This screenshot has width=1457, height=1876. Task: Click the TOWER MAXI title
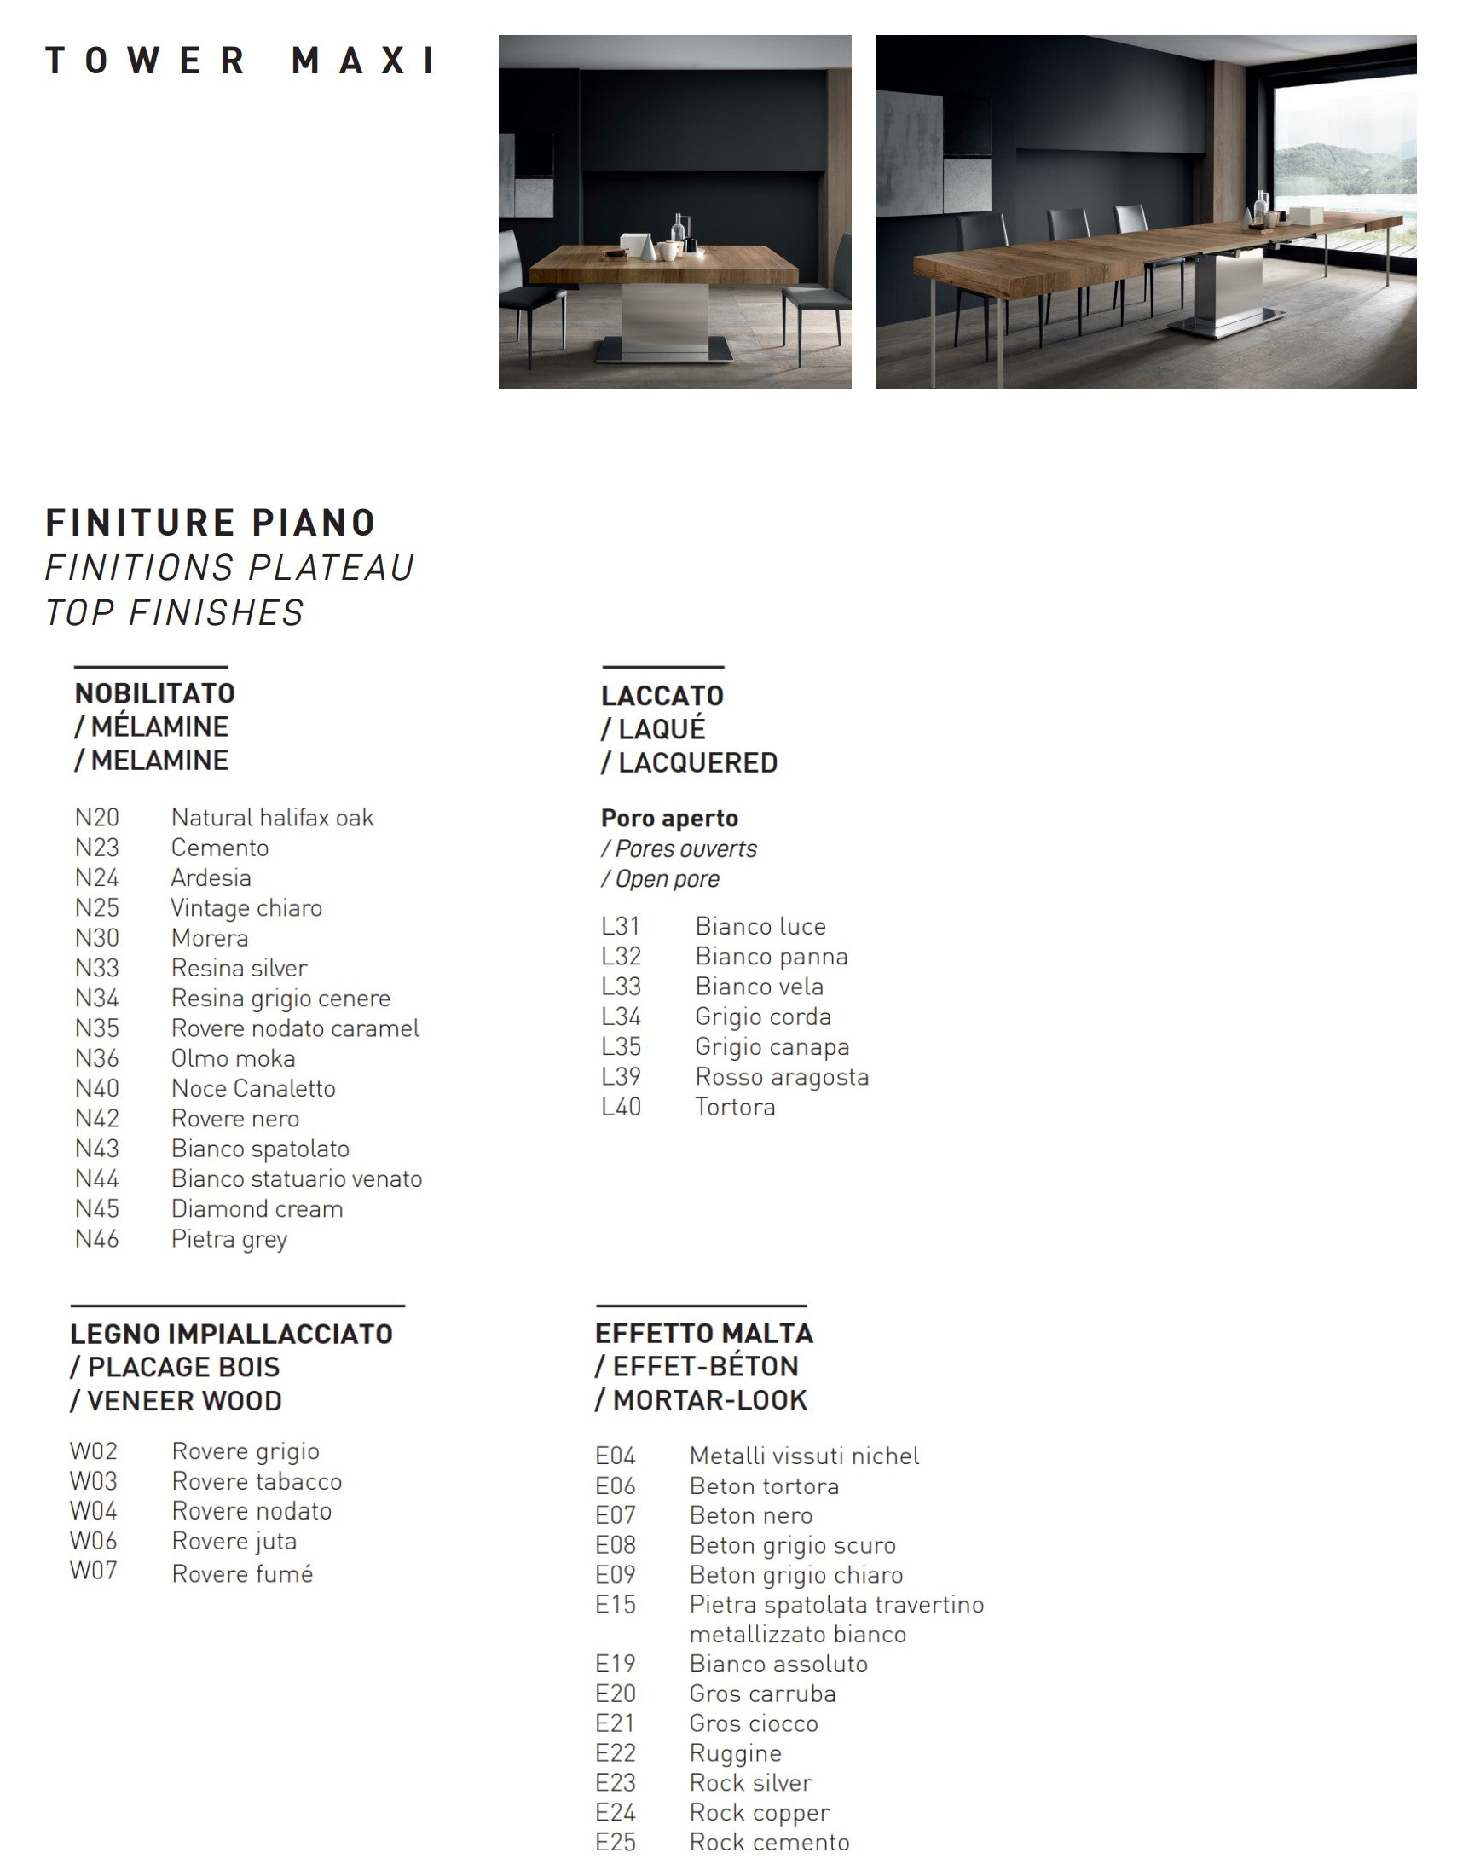pos(240,61)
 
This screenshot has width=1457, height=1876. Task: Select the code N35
pos(97,1028)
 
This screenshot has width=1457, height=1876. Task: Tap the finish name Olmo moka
pos(233,1058)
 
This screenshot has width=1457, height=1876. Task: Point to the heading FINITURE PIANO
pos(211,522)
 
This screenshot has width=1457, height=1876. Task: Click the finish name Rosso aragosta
pos(781,1077)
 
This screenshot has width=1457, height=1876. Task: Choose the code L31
pos(621,927)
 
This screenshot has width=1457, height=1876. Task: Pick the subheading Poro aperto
pos(669,819)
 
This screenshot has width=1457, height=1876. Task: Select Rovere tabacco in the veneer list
pos(257,1482)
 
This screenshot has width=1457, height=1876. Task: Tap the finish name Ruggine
pos(735,1753)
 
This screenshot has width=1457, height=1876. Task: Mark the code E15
pos(616,1605)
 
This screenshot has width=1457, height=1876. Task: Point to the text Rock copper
pos(759,1812)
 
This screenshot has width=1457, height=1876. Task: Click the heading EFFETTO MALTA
pos(703,1334)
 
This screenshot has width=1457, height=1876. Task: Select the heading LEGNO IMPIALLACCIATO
pos(232,1335)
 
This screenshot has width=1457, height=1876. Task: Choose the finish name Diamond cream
pos(257,1209)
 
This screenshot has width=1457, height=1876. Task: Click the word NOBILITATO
pos(154,693)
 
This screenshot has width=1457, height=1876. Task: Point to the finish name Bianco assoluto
pos(778,1664)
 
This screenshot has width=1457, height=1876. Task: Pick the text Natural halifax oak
pos(272,818)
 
